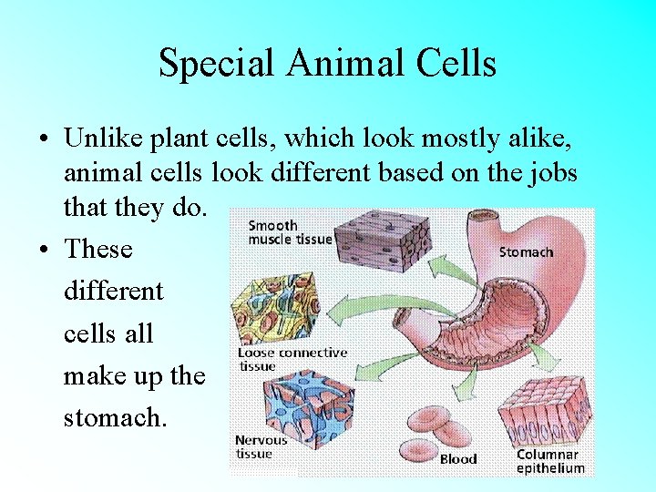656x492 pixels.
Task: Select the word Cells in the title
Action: tap(452, 64)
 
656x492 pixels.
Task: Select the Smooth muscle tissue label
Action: tap(290, 232)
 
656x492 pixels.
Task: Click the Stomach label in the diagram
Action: tap(526, 251)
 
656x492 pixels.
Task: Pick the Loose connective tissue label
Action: tap(292, 359)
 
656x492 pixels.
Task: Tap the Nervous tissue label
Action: tap(261, 446)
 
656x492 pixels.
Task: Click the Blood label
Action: tap(458, 459)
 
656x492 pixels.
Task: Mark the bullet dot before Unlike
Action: tap(43, 139)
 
